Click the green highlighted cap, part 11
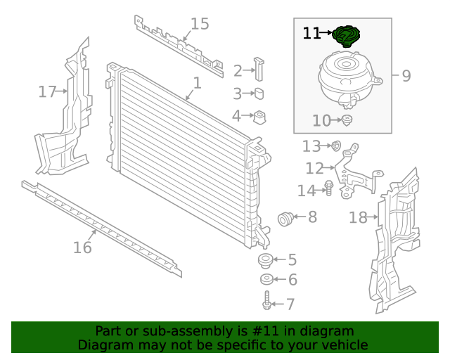346,34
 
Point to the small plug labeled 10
347,121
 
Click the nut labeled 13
336,146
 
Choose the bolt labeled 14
328,188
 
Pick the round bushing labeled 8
286,219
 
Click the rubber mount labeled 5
266,262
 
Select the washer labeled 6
266,281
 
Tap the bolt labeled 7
266,303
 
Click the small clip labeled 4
259,116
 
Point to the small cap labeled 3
259,94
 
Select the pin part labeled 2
260,70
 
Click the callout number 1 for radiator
197,83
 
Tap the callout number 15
200,25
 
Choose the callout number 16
82,247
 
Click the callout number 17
47,91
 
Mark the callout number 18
358,218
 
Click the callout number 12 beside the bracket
314,168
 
